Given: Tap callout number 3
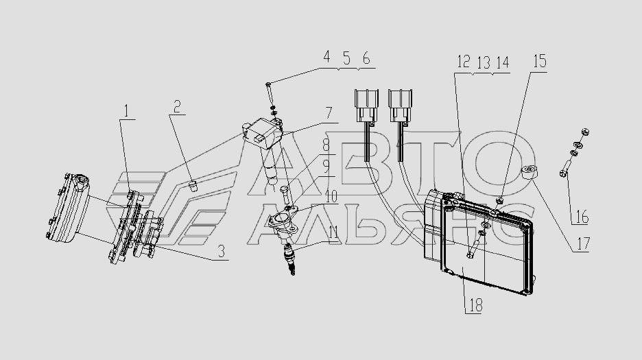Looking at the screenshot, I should point(222,252).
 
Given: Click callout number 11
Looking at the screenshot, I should point(333,231).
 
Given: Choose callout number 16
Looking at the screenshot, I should point(582,218).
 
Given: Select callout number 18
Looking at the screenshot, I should point(474,306).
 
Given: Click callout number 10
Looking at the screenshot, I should point(331,195).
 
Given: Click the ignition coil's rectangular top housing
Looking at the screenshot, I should point(261,132).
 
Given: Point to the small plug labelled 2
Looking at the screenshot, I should point(193,185).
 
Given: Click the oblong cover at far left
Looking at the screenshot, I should point(69,208).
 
